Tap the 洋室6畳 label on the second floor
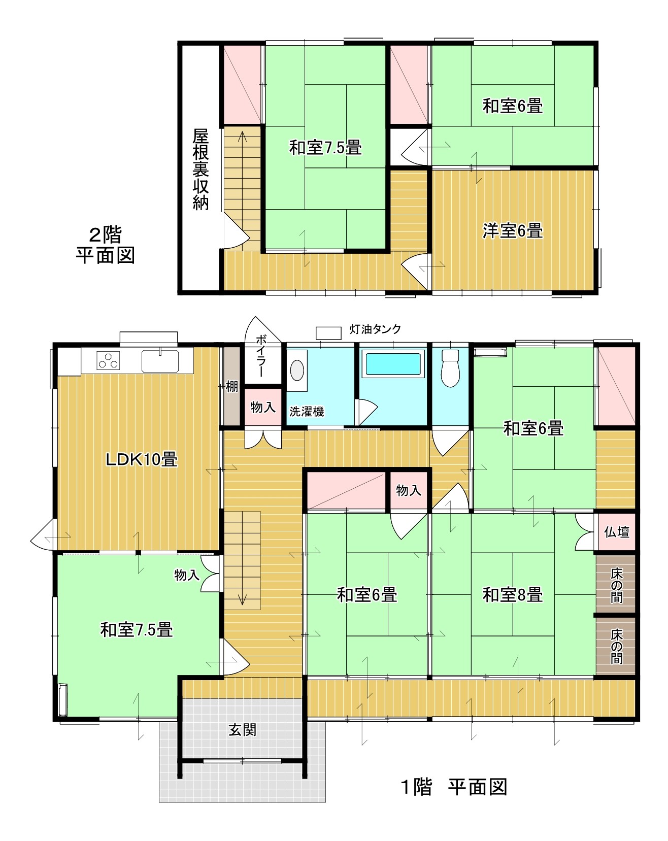click(512, 230)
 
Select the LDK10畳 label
click(141, 460)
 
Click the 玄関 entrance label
click(243, 730)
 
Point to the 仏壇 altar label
click(616, 532)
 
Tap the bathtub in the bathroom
click(393, 363)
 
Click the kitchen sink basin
click(160, 361)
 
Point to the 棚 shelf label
click(232, 387)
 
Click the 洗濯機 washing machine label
click(307, 412)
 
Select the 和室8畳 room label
click(513, 594)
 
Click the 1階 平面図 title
click(454, 787)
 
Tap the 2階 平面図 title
click(106, 245)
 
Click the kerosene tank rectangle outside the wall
click(328, 333)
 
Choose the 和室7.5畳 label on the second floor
click(325, 148)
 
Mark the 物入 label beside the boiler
click(263, 407)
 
